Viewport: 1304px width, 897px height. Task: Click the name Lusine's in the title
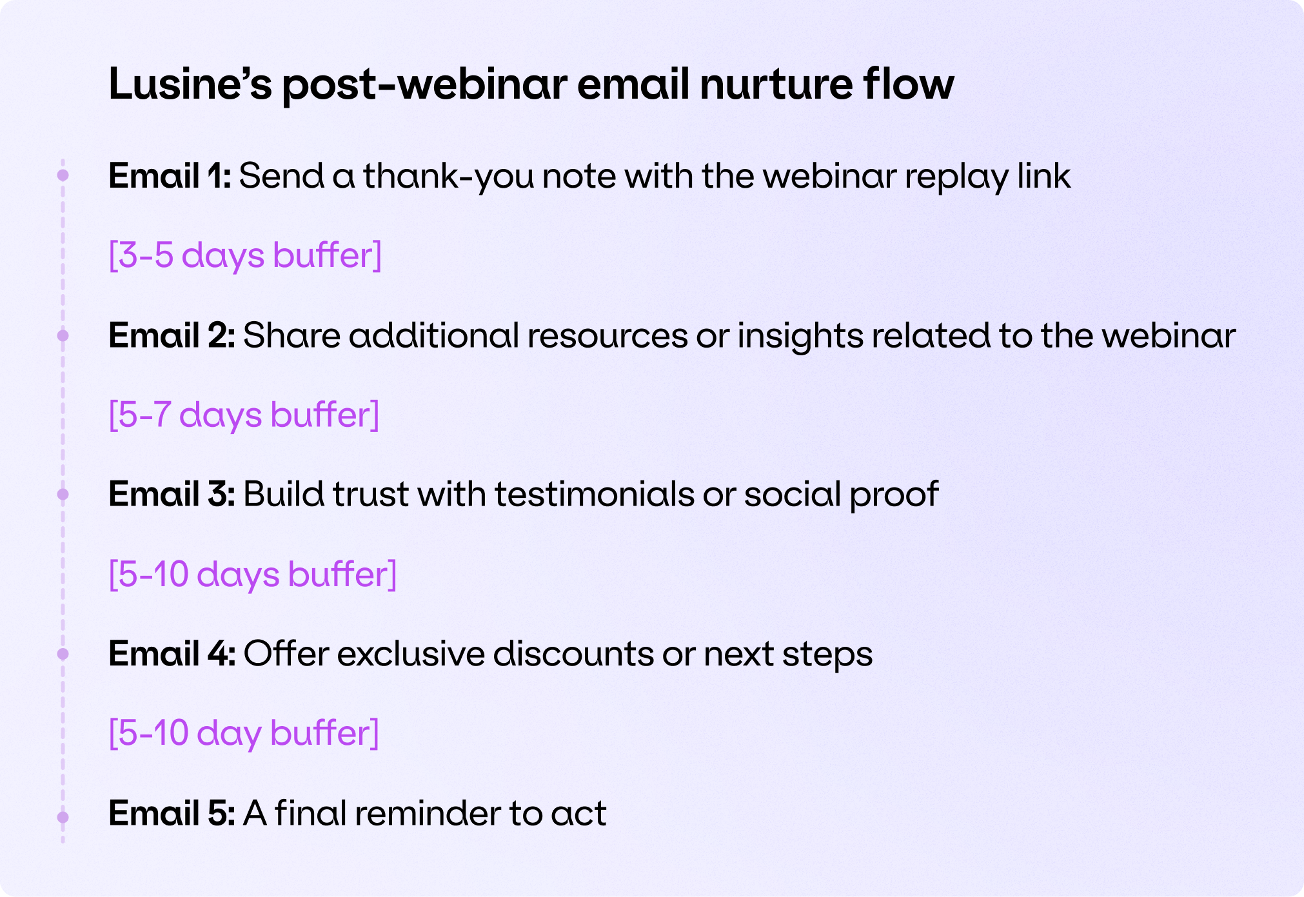point(190,84)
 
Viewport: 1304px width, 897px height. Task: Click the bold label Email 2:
point(172,335)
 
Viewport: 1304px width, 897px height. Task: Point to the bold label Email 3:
point(172,494)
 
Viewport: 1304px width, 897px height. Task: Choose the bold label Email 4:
point(172,654)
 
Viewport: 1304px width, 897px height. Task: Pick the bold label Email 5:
point(172,813)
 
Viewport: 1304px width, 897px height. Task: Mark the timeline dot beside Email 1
point(63,175)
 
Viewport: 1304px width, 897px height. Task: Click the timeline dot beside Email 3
point(63,494)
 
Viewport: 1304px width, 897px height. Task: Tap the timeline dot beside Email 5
point(63,817)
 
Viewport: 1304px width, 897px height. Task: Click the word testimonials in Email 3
point(595,494)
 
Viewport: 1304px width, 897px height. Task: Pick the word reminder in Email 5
point(428,813)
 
